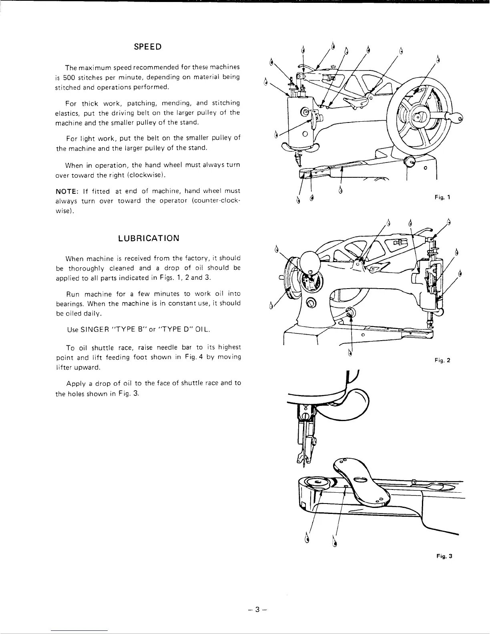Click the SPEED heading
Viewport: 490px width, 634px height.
(148, 46)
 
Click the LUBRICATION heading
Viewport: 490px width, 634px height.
(149, 238)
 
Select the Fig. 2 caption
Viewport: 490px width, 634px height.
(443, 360)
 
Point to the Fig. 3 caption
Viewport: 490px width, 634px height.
(444, 556)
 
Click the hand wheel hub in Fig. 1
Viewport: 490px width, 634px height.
(419, 117)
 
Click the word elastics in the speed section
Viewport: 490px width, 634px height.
(66, 113)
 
